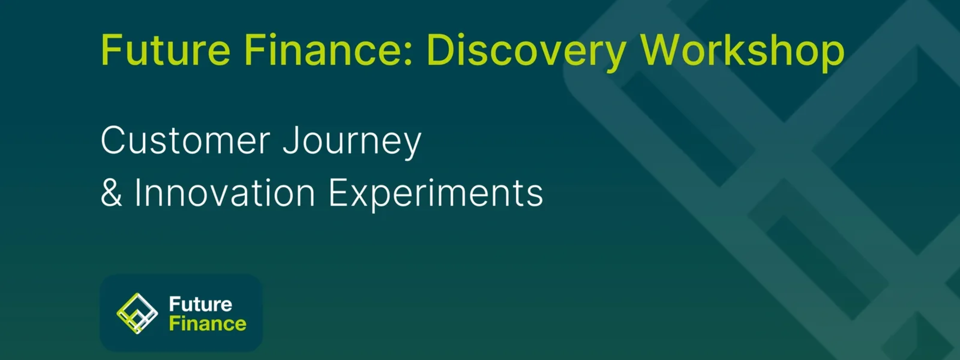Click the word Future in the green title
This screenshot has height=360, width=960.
click(165, 50)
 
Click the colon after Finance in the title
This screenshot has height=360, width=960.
click(408, 54)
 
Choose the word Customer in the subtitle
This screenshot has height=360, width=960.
click(185, 141)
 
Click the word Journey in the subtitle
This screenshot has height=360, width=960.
click(352, 143)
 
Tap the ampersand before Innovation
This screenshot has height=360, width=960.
click(111, 192)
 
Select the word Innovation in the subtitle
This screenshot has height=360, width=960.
click(225, 192)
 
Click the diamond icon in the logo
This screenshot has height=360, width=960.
click(137, 313)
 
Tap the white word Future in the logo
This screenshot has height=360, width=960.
click(200, 304)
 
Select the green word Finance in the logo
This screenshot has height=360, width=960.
click(207, 323)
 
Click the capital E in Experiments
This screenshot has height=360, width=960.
click(338, 192)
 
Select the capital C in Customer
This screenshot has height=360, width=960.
click(114, 141)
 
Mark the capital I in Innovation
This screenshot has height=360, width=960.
click(137, 192)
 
